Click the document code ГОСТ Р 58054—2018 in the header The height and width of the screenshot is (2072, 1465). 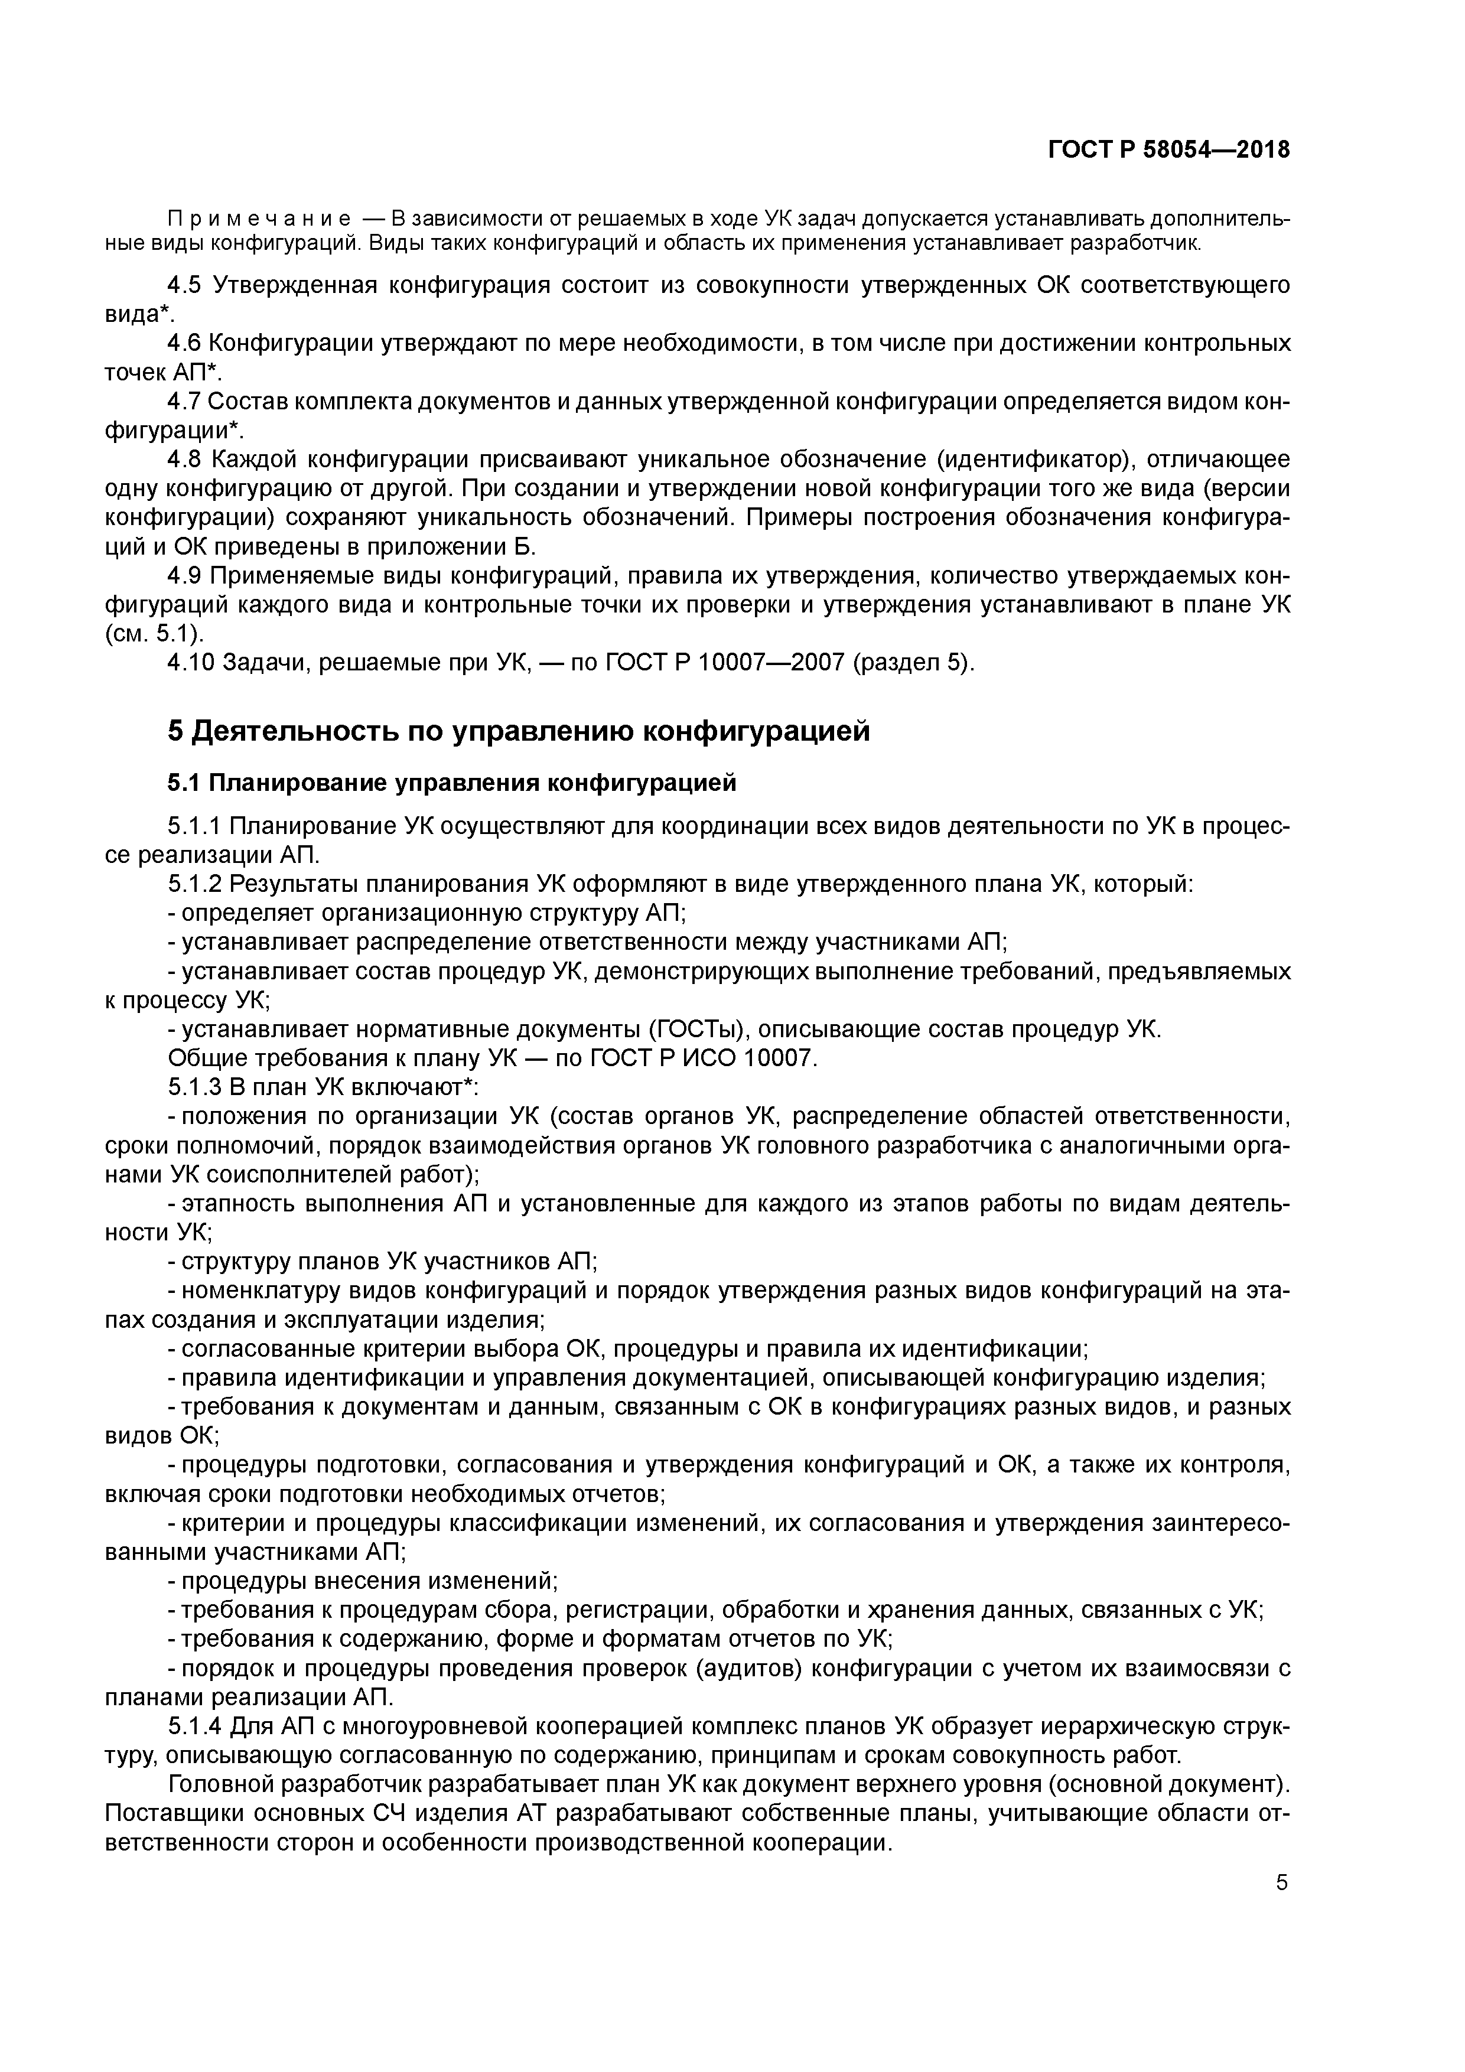point(1168,150)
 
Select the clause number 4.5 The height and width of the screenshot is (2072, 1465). point(187,286)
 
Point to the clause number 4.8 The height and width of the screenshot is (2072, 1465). point(187,460)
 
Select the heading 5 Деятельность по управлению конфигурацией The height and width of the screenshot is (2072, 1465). point(519,730)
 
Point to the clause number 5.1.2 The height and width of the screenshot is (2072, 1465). point(195,884)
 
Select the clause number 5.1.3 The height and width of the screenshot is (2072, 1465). point(195,1087)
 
